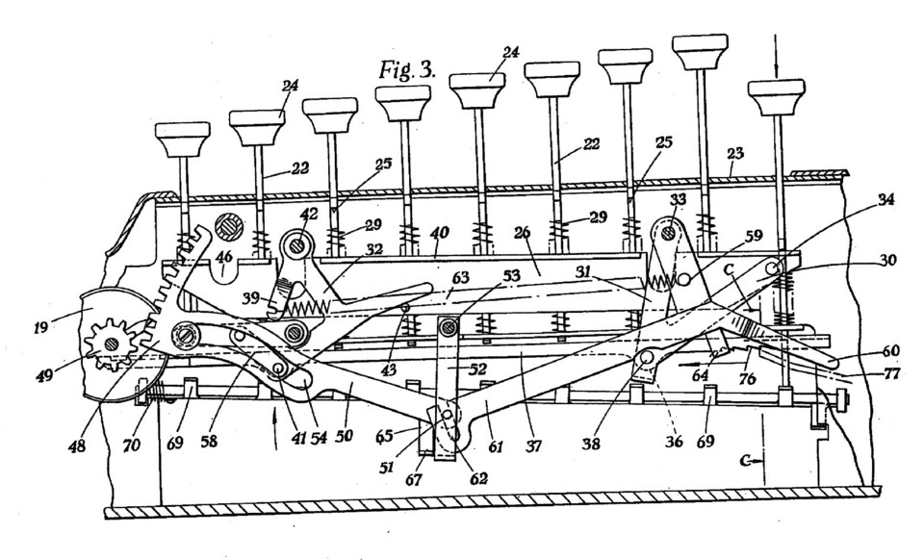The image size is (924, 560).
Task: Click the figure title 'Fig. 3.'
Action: [x=407, y=69]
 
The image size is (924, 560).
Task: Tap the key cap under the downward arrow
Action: [x=776, y=97]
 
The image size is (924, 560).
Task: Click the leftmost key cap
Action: [x=182, y=139]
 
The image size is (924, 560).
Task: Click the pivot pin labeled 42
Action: [x=297, y=244]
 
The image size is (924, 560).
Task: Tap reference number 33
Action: [x=678, y=199]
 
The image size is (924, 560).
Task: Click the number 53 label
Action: [x=510, y=275]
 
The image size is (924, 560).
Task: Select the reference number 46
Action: [x=224, y=257]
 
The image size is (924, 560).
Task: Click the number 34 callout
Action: [x=885, y=199]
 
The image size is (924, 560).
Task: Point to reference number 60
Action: [x=890, y=351]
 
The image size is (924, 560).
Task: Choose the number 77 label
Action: [x=890, y=372]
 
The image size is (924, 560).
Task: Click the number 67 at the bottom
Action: [x=414, y=480]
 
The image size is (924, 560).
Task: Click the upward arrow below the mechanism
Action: [x=276, y=432]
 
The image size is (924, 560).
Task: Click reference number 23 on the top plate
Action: [x=734, y=154]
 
